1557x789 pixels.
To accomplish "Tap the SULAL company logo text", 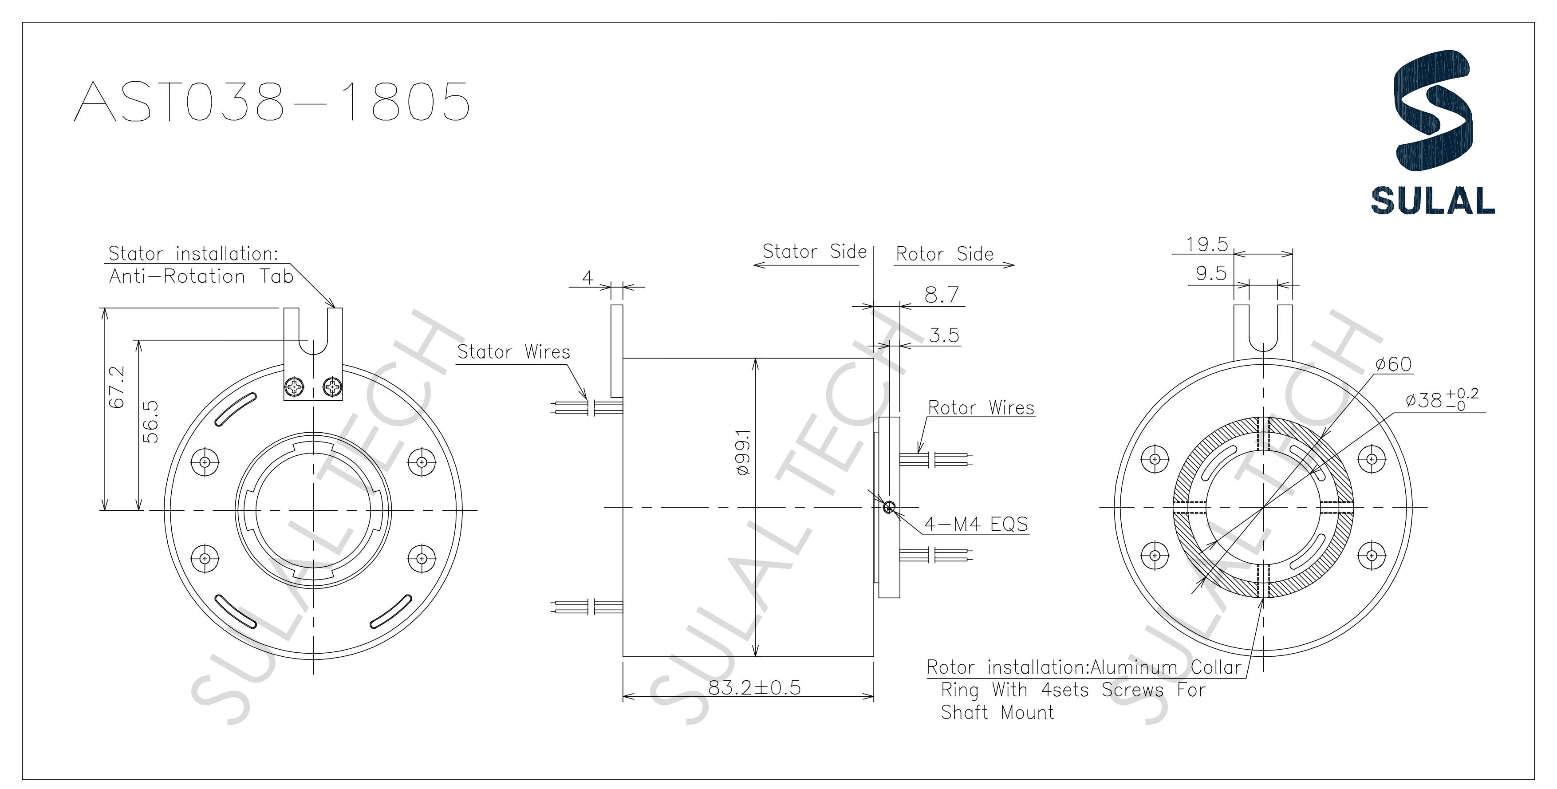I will (1432, 200).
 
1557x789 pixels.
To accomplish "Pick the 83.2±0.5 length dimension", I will (754, 687).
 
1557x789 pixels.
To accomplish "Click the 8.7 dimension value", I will (942, 296).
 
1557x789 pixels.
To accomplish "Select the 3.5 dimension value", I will (944, 335).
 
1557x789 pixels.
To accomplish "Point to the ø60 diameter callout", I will (1393, 364).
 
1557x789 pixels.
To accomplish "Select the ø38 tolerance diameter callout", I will (1442, 400).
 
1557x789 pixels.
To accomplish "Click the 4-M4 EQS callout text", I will (976, 524).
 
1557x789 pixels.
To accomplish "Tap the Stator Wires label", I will (513, 351).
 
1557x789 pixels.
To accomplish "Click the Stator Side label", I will (814, 252).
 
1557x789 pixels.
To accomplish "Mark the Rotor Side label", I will (944, 254).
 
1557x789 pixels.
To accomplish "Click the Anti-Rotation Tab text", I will (201, 276).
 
